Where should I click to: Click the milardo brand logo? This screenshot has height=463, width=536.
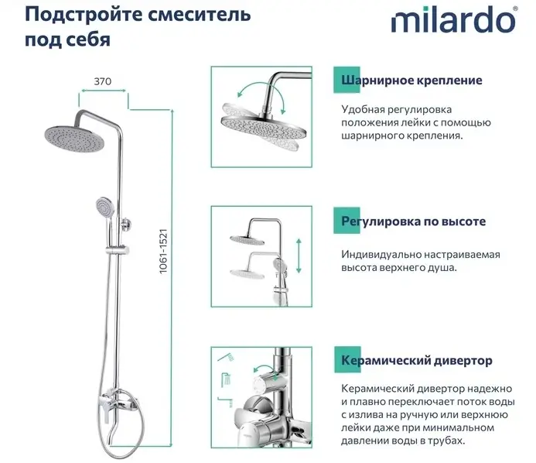pos(454,20)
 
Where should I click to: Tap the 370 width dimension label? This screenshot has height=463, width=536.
pos(103,81)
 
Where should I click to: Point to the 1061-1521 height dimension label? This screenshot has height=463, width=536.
pos(163,251)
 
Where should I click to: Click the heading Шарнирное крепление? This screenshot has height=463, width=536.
pos(411,80)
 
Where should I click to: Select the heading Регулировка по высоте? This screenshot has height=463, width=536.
pos(413,221)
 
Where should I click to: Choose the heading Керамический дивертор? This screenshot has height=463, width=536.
pos(417,360)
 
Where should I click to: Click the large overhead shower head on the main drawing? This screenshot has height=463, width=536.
pos(73,139)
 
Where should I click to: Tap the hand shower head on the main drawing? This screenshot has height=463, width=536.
pos(103,205)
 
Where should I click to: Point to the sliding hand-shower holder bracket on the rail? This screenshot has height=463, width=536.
pos(118,250)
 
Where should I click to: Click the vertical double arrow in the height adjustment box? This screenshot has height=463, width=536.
pos(299,256)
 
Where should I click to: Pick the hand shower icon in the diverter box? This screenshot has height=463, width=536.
pos(226,357)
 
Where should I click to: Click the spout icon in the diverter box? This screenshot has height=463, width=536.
pos(226,401)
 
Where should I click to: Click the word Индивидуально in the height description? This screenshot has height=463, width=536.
pos(381,255)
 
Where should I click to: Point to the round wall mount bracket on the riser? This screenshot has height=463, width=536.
pos(126,224)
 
